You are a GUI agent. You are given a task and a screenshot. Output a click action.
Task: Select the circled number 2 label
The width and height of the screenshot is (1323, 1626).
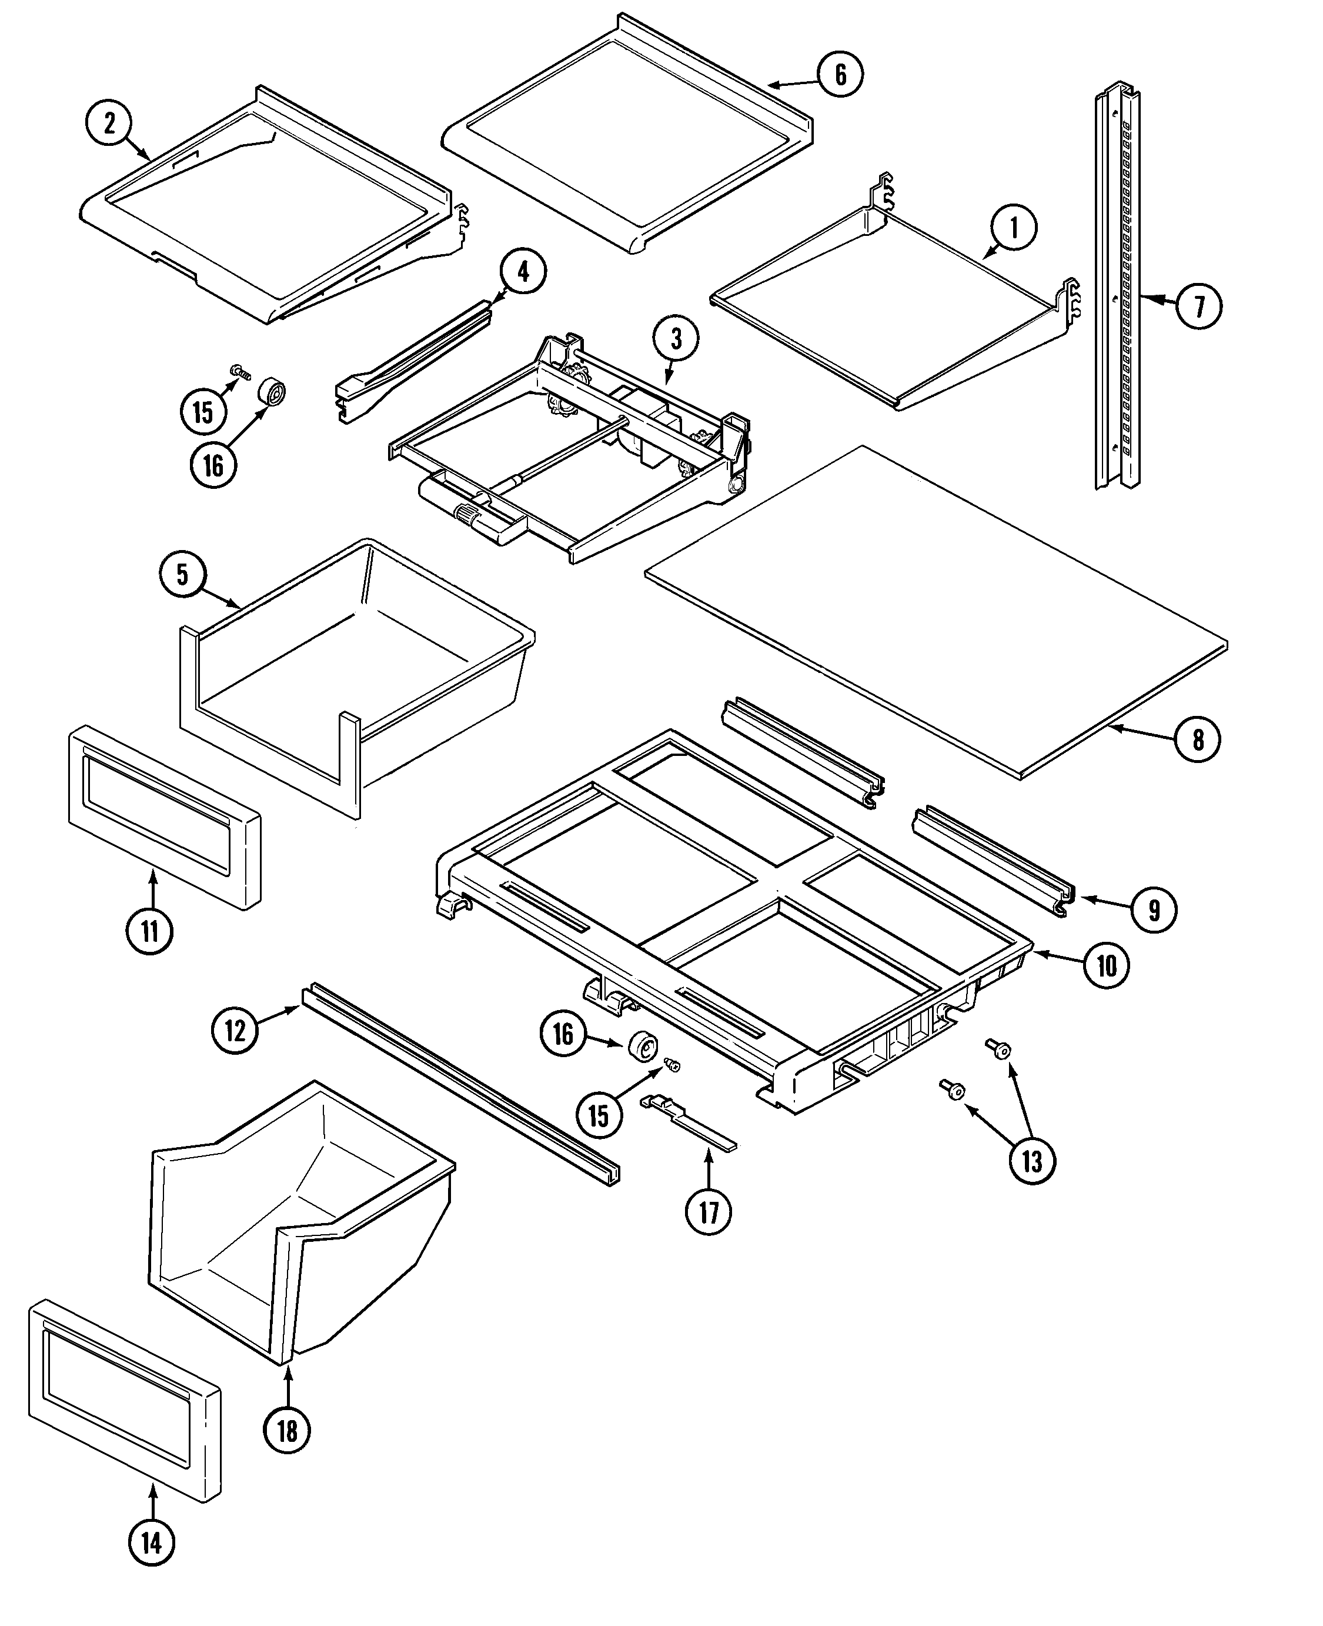(108, 124)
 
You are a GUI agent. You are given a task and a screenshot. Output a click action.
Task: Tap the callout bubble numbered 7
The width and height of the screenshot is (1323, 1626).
(1199, 306)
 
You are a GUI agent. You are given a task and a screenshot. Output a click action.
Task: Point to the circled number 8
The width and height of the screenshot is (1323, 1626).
(1197, 739)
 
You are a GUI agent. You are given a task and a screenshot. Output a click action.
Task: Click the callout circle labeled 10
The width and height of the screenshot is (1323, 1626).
(1107, 966)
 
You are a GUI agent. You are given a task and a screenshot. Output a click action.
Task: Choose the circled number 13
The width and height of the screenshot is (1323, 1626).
(1031, 1161)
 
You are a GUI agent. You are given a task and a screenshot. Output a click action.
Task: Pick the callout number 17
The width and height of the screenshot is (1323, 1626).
(709, 1211)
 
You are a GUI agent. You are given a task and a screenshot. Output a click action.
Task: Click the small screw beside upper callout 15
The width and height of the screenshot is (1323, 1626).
(241, 371)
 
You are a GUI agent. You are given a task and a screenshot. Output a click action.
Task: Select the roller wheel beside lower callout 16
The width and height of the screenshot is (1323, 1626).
(643, 1047)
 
